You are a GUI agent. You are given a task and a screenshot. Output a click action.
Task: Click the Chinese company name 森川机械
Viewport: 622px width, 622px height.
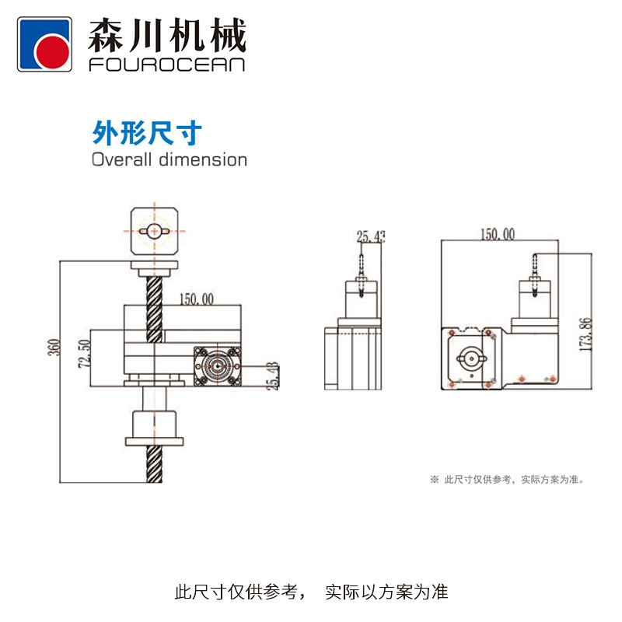(x=167, y=35)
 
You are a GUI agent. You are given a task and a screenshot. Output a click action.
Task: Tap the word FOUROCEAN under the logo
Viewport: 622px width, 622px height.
(x=167, y=65)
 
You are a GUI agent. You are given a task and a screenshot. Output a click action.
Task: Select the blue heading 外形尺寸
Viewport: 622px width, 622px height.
(x=147, y=133)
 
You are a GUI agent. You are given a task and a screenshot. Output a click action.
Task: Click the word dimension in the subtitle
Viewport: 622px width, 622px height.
(x=203, y=160)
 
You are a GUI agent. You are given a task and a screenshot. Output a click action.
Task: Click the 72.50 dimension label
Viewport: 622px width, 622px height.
(x=85, y=354)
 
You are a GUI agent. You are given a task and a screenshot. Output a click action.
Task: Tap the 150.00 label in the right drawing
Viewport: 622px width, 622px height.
(x=497, y=233)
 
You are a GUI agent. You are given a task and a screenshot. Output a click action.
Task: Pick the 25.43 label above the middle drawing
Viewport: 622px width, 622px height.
(x=371, y=237)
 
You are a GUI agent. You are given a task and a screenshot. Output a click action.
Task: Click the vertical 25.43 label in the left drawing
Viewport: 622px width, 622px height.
(x=271, y=376)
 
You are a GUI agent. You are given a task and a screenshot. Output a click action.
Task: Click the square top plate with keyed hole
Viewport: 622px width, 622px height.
(x=155, y=230)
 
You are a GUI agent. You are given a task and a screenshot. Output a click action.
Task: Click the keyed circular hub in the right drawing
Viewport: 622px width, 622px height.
(x=471, y=358)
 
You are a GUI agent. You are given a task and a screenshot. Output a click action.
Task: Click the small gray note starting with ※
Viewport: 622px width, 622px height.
(x=506, y=480)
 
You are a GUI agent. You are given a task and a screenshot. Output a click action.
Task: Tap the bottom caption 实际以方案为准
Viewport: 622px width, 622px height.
(x=386, y=592)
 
